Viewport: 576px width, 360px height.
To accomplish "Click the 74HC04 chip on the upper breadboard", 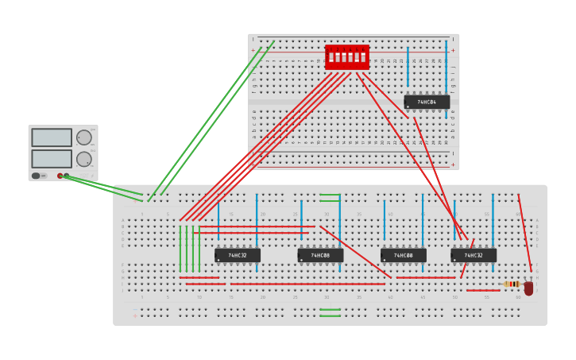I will [x=427, y=102].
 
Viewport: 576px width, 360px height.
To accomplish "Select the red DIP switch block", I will [x=347, y=56].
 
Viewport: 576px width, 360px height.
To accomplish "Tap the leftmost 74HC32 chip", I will [x=238, y=255].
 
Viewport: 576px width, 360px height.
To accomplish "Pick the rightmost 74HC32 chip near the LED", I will [x=474, y=255].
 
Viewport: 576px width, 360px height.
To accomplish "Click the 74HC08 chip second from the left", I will [x=320, y=255].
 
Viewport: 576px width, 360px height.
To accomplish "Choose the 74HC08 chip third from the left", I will [x=403, y=255].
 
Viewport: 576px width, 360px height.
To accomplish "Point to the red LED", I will [x=528, y=288].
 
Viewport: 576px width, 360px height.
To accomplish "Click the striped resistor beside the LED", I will [x=512, y=284].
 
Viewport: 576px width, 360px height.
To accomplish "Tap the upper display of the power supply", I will [x=52, y=137].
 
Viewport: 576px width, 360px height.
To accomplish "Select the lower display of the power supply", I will [x=52, y=158].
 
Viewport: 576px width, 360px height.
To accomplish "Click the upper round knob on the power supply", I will [x=83, y=137].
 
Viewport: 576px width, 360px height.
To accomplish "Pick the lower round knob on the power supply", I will [x=83, y=159].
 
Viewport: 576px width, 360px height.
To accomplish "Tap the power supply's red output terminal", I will [x=60, y=176].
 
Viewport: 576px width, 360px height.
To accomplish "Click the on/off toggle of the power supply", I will [x=37, y=176].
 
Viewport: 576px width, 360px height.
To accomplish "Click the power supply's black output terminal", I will [x=67, y=176].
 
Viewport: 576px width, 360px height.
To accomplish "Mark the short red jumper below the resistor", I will [x=483, y=291].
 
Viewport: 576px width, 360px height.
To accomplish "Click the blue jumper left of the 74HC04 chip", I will [x=408, y=66].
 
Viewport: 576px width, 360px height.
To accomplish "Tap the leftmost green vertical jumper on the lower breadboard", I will [x=180, y=249].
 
